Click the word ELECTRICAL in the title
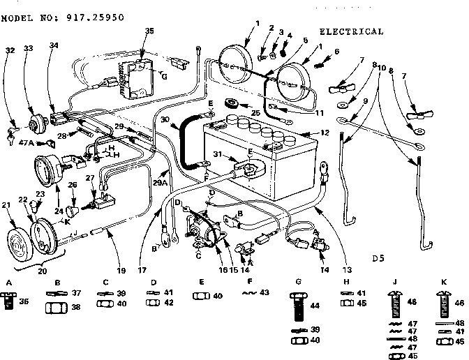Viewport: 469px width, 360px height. [x=351, y=31]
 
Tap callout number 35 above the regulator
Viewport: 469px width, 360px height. [x=149, y=31]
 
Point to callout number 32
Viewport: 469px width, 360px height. [x=10, y=50]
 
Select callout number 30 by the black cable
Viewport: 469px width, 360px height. [x=165, y=119]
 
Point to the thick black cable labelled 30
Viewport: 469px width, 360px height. [x=186, y=140]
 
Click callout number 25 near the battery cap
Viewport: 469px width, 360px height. [x=255, y=112]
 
